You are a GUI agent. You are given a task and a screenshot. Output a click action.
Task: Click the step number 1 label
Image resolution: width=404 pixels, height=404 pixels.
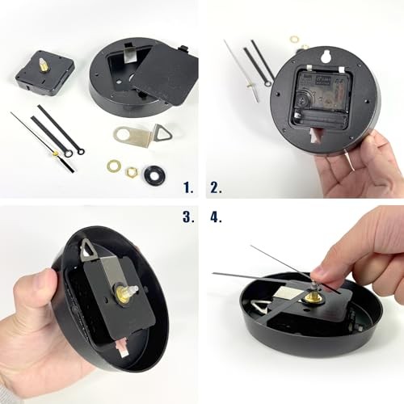tap(188, 187)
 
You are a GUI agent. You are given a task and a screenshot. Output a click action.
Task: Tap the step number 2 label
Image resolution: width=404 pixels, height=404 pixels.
tap(216, 187)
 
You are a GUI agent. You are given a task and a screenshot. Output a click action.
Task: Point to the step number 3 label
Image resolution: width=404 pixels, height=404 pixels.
tap(188, 217)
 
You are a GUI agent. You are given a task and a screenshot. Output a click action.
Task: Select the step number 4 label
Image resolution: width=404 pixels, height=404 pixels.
tap(216, 217)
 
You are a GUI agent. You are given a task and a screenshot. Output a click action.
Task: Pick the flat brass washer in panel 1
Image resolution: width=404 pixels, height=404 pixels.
tap(113, 166)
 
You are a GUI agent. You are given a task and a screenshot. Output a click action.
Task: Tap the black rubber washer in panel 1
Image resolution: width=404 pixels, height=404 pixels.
tap(154, 174)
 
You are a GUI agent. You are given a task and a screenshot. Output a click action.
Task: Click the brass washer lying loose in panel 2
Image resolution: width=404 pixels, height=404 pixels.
tap(294, 38)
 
